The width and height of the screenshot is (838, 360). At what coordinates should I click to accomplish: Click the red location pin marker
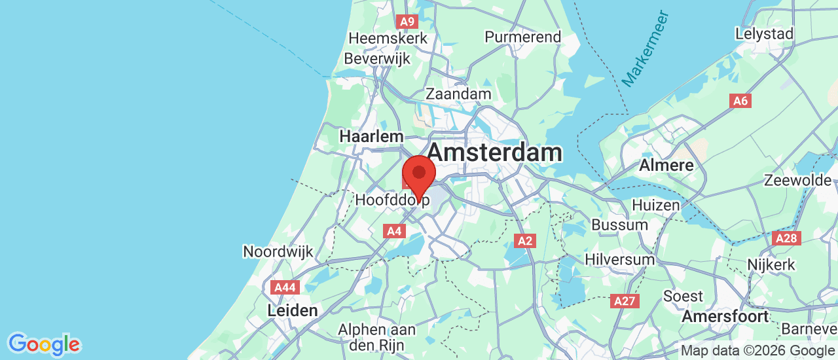coord(418,174)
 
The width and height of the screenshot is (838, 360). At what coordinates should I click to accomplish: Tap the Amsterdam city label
coord(495,153)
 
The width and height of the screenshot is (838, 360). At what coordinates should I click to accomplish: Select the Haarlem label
coord(371,136)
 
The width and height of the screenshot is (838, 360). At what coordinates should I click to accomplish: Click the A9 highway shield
coord(407,22)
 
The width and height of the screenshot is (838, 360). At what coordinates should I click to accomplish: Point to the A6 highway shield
coord(740,101)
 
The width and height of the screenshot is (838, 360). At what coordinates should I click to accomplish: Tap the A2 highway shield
coord(525,241)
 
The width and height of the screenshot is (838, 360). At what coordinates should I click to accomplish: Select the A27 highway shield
coord(625,301)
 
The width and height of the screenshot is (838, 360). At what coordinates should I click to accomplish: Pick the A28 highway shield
coord(786,238)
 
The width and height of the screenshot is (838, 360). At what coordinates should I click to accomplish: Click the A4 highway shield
coord(393,230)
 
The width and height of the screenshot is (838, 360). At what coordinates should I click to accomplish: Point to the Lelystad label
coord(764,33)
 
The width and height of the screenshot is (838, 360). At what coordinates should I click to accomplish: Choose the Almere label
coord(666,164)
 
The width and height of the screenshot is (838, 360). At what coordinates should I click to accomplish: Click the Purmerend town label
coord(522,37)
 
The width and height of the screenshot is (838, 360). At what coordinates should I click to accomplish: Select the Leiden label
coord(293,310)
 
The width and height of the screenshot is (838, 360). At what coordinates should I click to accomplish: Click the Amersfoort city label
coord(725,317)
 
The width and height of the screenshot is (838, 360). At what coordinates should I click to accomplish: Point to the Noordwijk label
coord(278,251)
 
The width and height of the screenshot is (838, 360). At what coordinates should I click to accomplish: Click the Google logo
coord(44,344)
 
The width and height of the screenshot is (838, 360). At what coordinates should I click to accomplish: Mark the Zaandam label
coord(458,94)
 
